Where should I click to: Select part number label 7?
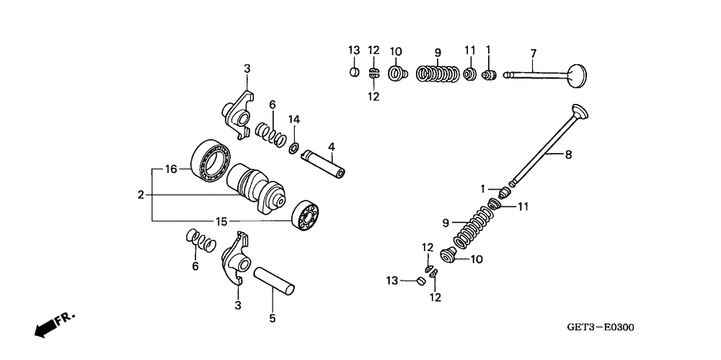tap(533, 53)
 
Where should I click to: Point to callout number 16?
tap(171, 170)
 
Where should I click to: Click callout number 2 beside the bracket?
tap(141, 194)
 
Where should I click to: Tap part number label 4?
tap(331, 147)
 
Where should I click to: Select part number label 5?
tap(273, 317)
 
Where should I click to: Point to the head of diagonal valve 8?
tap(580, 113)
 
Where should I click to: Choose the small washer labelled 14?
tap(293, 149)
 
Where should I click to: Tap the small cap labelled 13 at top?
tap(354, 71)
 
